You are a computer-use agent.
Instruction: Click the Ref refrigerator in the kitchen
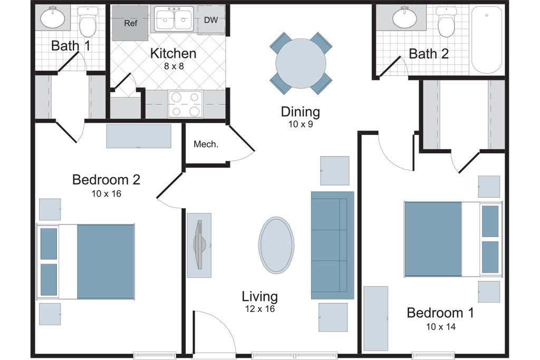130,23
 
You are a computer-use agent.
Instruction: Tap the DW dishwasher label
211,20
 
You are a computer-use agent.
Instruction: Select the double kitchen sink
174,20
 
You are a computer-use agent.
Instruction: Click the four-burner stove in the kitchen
185,104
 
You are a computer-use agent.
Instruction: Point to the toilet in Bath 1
88,21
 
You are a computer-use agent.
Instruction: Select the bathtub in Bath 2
486,40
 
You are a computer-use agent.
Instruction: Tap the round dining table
301,63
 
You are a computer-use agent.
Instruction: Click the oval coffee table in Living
276,245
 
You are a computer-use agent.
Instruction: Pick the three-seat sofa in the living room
332,245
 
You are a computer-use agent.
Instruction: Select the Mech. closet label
206,144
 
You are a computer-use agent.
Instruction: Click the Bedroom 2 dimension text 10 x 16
107,194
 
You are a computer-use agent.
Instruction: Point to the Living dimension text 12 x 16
260,309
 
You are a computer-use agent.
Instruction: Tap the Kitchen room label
173,53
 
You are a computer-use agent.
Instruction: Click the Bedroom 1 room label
440,313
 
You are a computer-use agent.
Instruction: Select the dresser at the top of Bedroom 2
139,137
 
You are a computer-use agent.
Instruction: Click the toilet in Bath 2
446,21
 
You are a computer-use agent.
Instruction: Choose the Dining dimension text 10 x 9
301,124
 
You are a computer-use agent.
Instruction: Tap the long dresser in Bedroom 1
375,319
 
